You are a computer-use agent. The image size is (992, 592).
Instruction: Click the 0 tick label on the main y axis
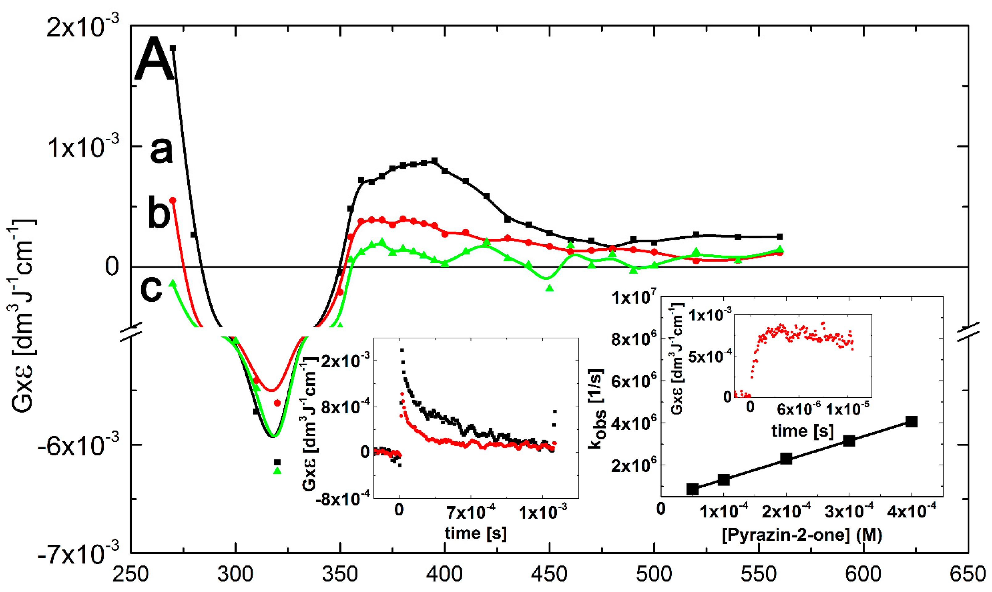click(112, 267)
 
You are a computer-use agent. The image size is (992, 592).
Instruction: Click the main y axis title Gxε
click(22, 315)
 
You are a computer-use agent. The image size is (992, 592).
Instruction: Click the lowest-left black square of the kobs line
click(692, 489)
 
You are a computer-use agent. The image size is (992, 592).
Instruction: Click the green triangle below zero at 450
click(550, 288)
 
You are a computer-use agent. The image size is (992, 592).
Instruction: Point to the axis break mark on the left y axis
click(131, 331)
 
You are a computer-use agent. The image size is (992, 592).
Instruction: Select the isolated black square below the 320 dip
click(277, 462)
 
